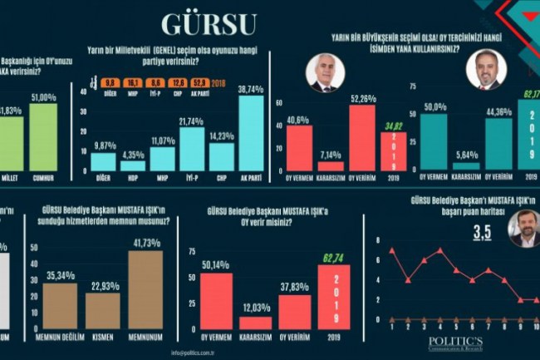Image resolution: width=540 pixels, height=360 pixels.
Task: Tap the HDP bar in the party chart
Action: point(133,165)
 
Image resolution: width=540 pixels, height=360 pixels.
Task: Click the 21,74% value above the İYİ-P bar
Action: point(192,121)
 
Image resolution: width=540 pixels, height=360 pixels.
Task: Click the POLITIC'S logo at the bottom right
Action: point(455,342)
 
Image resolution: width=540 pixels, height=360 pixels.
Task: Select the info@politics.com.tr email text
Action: point(194,353)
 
